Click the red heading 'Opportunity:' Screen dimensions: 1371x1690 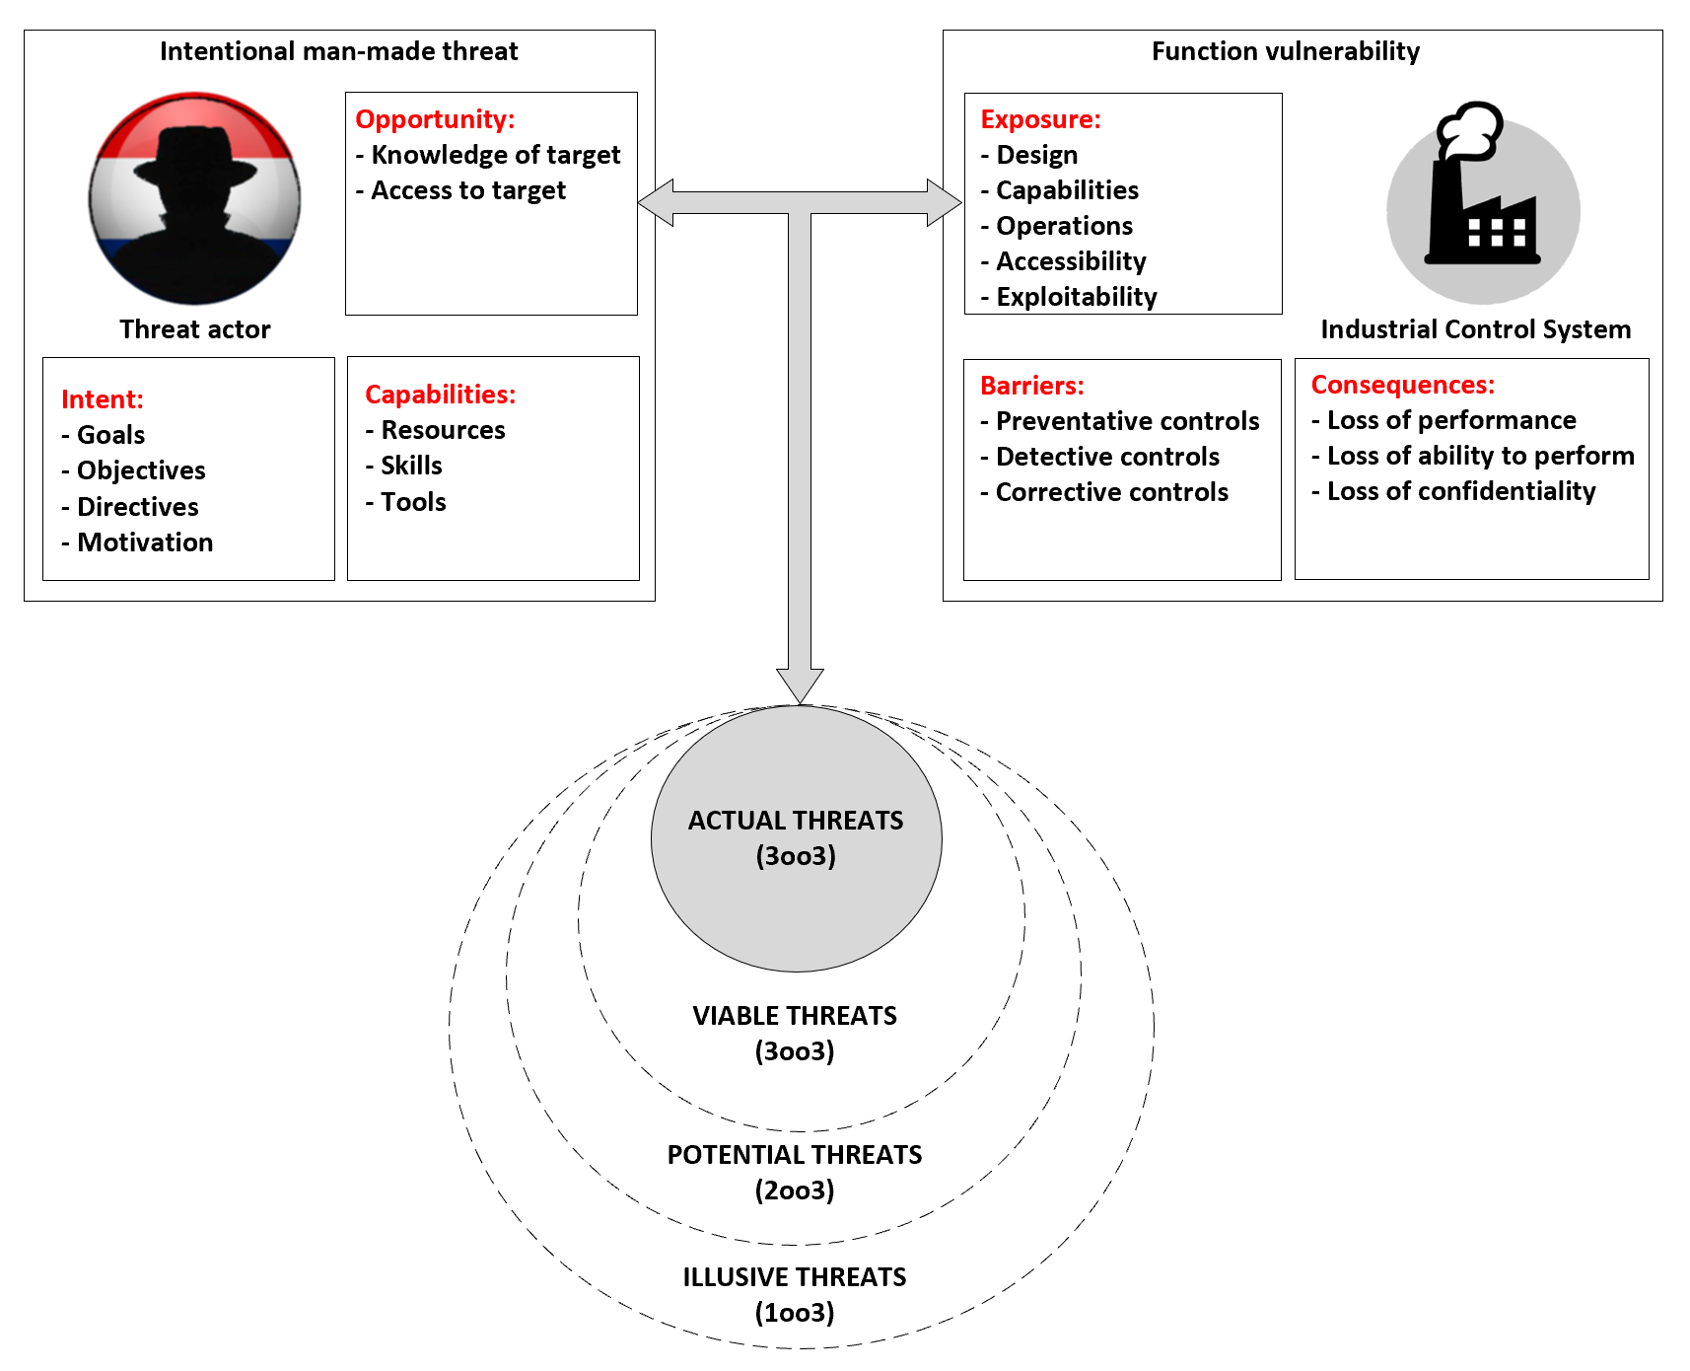click(435, 119)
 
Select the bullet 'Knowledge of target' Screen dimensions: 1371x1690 click(495, 155)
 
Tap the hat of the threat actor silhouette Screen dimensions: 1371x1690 click(194, 158)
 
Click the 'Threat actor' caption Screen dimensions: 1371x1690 click(195, 329)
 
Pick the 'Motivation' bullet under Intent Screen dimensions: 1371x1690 click(144, 542)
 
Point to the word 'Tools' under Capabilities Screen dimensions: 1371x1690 click(413, 502)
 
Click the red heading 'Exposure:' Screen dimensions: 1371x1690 click(1040, 119)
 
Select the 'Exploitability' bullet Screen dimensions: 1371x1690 click(1076, 297)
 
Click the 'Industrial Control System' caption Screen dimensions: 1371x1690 click(1475, 329)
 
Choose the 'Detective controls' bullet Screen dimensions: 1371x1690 click(1107, 457)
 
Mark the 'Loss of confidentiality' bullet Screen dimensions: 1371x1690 click(1460, 491)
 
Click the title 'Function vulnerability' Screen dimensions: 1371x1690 click(1286, 51)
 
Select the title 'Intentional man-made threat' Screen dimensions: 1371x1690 click(338, 51)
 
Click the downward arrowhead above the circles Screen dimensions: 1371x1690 click(800, 685)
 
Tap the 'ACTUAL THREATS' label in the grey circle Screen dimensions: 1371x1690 click(796, 821)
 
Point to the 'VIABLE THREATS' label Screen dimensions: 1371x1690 click(795, 1016)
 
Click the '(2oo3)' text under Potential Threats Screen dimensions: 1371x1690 click(795, 1191)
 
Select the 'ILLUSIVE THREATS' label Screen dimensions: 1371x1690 click(795, 1277)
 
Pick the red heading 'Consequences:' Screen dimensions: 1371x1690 click(1402, 385)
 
